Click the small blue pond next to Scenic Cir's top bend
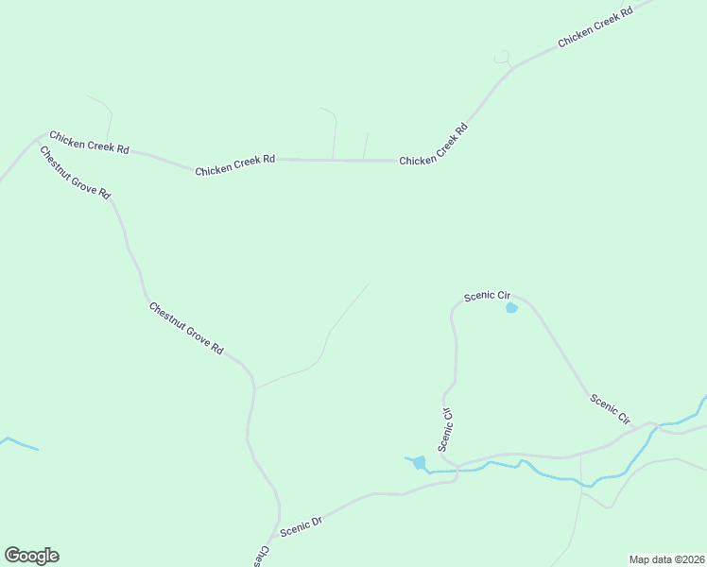point(511,308)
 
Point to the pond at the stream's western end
point(419,462)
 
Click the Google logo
point(31,556)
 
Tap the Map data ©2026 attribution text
point(666,558)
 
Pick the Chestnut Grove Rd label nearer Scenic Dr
point(186,328)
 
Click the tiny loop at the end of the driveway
point(502,57)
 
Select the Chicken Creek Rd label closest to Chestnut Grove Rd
point(89,143)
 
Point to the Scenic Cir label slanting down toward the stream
point(610,407)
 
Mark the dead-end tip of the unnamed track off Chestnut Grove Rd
point(369,284)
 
